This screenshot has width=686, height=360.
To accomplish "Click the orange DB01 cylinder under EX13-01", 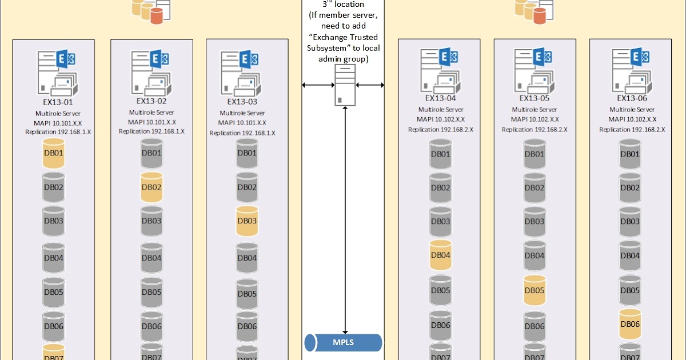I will click(x=54, y=153).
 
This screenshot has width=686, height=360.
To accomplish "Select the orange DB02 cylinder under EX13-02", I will click(x=151, y=187).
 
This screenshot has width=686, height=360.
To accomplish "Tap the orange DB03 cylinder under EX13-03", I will click(x=247, y=221).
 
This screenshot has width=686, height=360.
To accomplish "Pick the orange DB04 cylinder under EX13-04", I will click(x=440, y=255).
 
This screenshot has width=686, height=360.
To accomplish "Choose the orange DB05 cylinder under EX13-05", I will click(x=535, y=290).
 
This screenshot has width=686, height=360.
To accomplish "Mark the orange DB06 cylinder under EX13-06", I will click(x=629, y=323).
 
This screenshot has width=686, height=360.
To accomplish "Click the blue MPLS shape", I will click(x=343, y=343).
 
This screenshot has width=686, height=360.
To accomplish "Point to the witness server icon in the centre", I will click(x=345, y=85).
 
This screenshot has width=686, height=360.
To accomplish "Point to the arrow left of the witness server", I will click(x=318, y=85).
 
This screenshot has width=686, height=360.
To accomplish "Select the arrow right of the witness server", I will click(x=370, y=85).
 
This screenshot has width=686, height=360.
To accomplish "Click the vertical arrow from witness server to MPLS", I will click(x=345, y=217).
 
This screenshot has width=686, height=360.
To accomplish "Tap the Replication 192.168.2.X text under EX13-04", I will click(x=440, y=130).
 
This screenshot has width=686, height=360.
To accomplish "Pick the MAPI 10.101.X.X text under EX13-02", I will click(x=151, y=122).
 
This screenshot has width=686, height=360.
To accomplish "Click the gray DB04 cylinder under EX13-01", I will click(x=54, y=258).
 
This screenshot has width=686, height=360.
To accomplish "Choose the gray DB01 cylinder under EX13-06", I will click(x=629, y=154).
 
